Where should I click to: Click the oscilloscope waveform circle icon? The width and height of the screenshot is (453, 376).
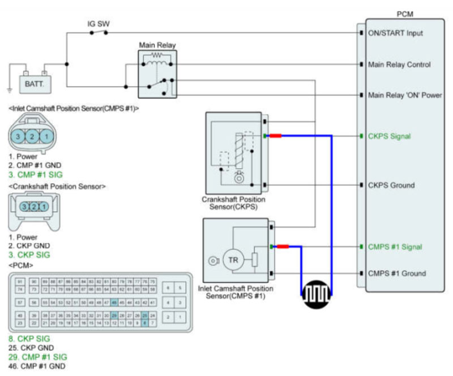(x=315, y=294)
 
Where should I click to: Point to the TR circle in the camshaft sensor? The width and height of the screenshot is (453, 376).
(x=233, y=260)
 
